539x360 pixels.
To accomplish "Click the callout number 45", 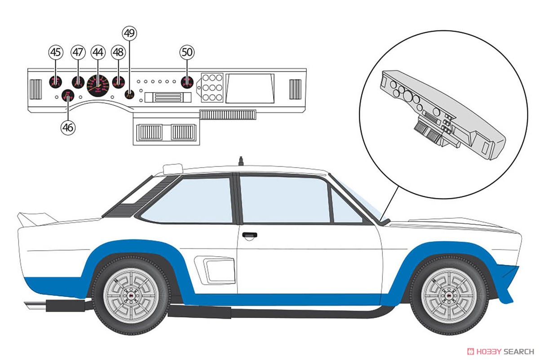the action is click(x=56, y=52).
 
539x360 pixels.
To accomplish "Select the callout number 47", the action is click(x=78, y=52).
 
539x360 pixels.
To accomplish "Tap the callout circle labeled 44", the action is click(x=98, y=52).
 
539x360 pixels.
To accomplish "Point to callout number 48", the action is click(x=118, y=52).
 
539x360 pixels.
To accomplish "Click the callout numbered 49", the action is click(x=130, y=33).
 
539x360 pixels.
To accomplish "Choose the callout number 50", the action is click(x=187, y=52).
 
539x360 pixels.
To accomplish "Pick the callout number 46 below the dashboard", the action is click(x=68, y=128).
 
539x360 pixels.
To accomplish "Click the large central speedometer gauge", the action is click(x=98, y=85).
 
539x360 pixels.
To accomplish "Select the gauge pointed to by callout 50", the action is click(x=187, y=82).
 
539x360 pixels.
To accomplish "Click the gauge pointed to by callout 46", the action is click(x=68, y=96).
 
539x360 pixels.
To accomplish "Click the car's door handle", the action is click(x=250, y=235).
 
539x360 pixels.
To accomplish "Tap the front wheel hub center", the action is click(x=449, y=296).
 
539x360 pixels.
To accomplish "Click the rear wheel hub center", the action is click(x=131, y=296).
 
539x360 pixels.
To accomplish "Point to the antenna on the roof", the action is click(x=241, y=161).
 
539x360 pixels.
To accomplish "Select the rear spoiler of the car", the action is click(x=36, y=219).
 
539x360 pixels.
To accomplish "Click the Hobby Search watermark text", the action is click(x=500, y=351).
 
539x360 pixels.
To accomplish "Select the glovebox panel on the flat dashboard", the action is click(x=250, y=88).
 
